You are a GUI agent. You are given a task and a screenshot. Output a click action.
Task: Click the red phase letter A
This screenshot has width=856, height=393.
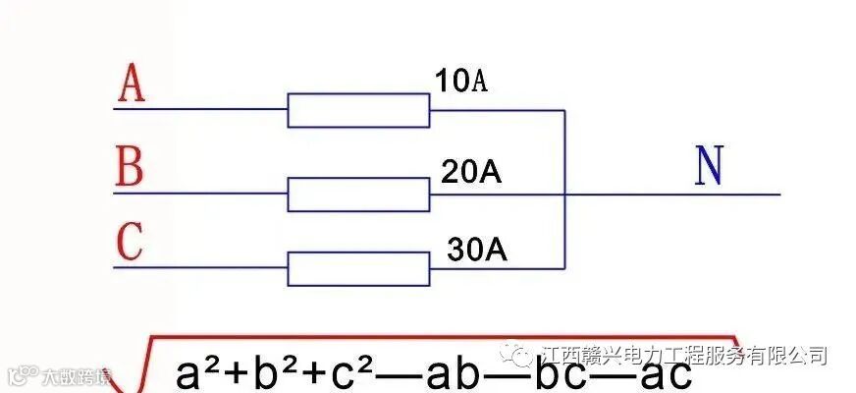(x=132, y=84)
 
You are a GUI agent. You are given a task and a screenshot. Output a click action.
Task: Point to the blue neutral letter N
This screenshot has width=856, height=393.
(x=708, y=168)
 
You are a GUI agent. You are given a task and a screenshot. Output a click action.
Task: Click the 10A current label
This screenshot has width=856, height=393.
(x=460, y=82)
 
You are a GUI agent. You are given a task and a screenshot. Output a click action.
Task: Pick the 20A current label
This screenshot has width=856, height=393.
(x=471, y=173)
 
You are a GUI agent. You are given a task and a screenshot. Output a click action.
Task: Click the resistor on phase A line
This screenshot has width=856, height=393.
(x=358, y=110)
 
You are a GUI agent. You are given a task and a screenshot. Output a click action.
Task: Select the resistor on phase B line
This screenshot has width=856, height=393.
(x=358, y=195)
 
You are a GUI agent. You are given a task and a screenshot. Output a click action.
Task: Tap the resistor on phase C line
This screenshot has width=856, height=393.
(x=358, y=268)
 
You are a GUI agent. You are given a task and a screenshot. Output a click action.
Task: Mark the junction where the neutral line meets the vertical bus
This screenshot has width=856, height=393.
(x=565, y=195)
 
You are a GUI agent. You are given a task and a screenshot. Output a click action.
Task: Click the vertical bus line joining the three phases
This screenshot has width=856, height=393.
(x=565, y=147)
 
